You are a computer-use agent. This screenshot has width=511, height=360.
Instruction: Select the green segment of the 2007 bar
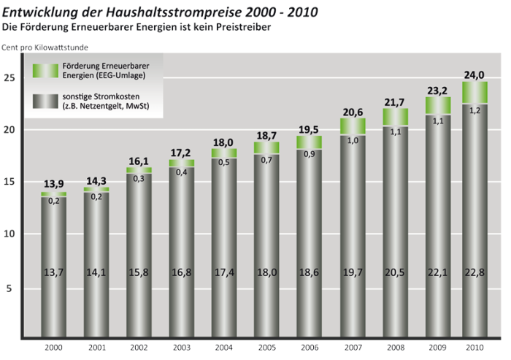tap(353, 126)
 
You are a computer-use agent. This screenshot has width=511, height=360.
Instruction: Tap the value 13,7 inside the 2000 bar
tap(53, 273)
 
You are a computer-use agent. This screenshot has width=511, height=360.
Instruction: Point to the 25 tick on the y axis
tap(10, 77)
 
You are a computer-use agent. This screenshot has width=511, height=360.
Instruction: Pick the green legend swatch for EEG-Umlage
tap(45, 70)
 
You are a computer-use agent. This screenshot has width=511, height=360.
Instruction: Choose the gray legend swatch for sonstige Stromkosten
tap(45, 102)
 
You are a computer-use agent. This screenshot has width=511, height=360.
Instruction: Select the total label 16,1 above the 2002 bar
tap(139, 158)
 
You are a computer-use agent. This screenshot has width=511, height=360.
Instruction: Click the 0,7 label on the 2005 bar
tap(267, 159)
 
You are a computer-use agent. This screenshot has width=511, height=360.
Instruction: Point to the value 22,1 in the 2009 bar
tap(438, 273)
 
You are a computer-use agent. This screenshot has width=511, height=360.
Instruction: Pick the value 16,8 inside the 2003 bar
tap(181, 273)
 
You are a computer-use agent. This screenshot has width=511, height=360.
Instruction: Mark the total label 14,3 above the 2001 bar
tap(96, 180)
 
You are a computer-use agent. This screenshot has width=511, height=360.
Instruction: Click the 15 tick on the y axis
tap(10, 183)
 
